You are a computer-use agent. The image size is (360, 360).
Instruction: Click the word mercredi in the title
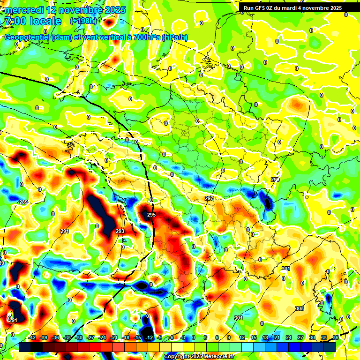(x=22, y=10)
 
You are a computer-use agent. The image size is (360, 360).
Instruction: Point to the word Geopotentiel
(x=28, y=37)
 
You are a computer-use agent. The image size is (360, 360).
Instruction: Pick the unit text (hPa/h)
(x=174, y=37)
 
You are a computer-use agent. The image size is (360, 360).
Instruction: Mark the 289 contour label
(x=23, y=202)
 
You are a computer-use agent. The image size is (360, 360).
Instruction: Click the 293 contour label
(x=120, y=231)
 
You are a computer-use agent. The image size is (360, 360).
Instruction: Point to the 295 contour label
(x=151, y=215)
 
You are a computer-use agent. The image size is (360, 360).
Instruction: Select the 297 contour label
(x=209, y=198)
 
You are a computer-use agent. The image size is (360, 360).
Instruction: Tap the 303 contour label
(x=300, y=308)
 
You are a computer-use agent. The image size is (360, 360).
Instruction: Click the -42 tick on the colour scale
(x=32, y=337)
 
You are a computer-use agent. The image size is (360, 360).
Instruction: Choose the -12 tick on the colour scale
(x=149, y=337)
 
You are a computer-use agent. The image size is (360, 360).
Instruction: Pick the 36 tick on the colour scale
(x=335, y=337)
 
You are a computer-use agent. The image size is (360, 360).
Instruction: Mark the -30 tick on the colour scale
(x=79, y=337)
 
